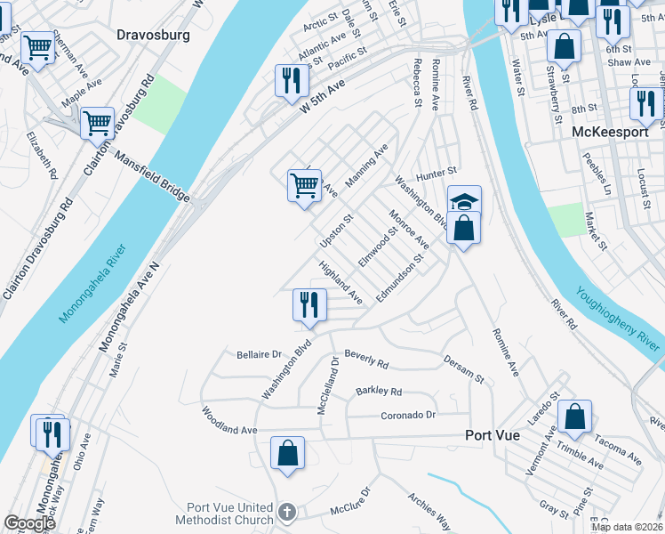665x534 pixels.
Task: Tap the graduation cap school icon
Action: (464, 200)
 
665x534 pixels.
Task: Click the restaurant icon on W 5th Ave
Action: (291, 81)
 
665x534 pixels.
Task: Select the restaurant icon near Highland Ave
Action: (304, 305)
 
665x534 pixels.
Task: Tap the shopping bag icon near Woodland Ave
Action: (288, 453)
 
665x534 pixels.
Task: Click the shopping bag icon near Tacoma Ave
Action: (576, 417)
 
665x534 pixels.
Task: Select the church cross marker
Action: (286, 512)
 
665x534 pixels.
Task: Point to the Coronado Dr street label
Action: (408, 415)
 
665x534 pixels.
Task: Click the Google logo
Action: (29, 523)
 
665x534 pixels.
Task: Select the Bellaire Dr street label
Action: (259, 354)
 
